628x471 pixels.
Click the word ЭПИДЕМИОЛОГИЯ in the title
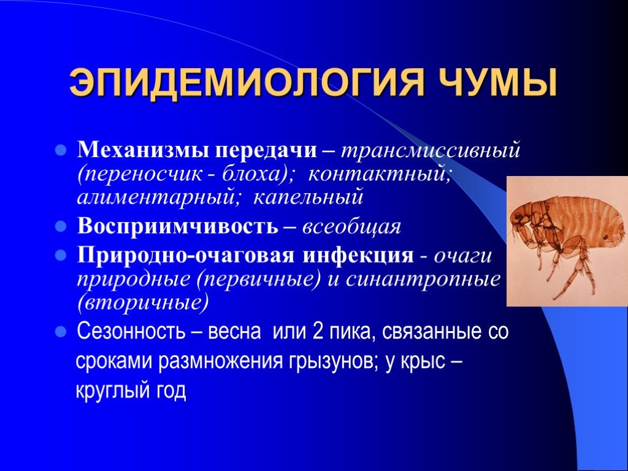coord(246,83)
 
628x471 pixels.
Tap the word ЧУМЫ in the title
coord(496,83)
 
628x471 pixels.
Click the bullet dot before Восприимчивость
coord(61,226)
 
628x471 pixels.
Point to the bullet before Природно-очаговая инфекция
coord(61,255)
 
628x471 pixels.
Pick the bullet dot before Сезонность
coord(61,332)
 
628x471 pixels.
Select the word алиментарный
coord(158,197)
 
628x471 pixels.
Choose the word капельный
coord(308,197)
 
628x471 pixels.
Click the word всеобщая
coord(351,227)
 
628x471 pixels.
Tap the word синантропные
coord(423,280)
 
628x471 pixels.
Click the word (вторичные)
coord(143,303)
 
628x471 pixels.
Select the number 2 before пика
coord(318,332)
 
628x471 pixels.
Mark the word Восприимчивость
coord(177,226)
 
